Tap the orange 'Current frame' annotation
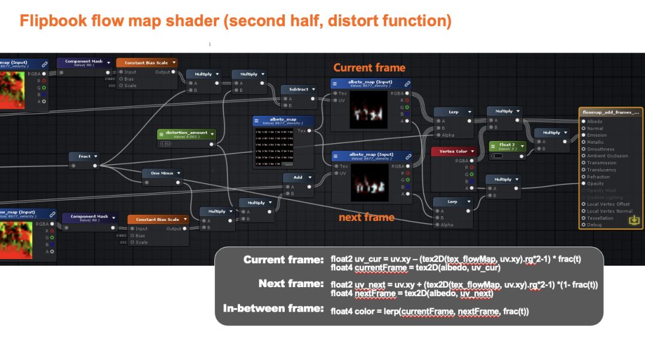coord(369,67)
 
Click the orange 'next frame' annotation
coord(366,217)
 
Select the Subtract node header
coord(299,90)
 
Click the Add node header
coord(297,177)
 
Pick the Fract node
coord(84,156)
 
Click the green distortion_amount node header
coord(186,133)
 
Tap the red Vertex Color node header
coord(453,152)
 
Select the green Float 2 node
coord(507,145)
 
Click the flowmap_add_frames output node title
coord(610,112)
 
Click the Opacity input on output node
coord(595,183)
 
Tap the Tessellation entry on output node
coord(600,218)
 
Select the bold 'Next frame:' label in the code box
coord(291,284)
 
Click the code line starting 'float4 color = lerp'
coord(429,312)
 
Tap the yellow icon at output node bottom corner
coord(634,221)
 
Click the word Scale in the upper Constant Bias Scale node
coord(130,85)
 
